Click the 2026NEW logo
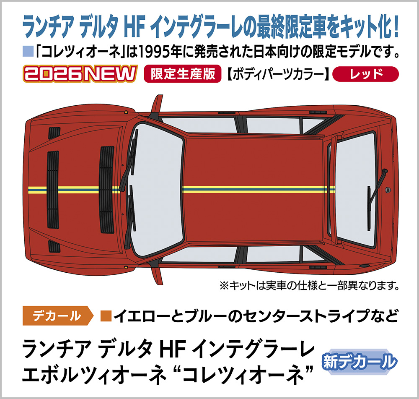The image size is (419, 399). pos(80,75)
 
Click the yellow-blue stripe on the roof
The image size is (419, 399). pos(256,189)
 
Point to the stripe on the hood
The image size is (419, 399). pos(84,190)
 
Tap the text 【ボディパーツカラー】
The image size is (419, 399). pos(278,75)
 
